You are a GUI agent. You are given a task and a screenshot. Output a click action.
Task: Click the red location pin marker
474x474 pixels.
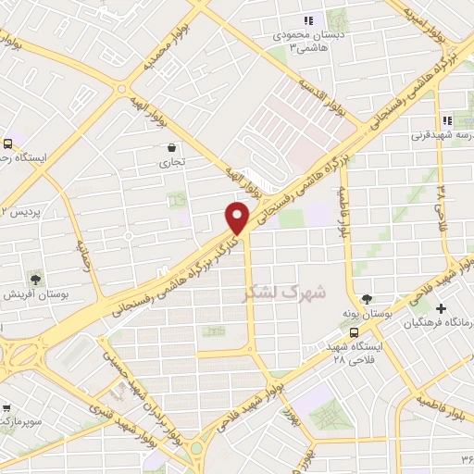tap(238, 218)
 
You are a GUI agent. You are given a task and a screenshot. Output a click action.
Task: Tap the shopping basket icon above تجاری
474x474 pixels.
tap(172, 147)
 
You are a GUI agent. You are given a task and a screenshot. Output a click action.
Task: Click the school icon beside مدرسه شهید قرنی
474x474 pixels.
tap(448, 120)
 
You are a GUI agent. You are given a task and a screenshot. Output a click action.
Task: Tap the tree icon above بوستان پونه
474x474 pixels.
tap(368, 300)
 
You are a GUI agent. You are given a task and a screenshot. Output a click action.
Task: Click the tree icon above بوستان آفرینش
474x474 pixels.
tap(35, 278)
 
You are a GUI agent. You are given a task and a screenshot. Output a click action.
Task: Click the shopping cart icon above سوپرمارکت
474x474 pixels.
tap(7, 407)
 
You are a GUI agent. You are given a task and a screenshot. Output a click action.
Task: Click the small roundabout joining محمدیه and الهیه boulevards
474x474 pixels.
tap(121, 88)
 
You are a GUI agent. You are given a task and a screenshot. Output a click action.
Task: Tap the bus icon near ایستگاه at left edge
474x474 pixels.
tap(7, 143)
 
